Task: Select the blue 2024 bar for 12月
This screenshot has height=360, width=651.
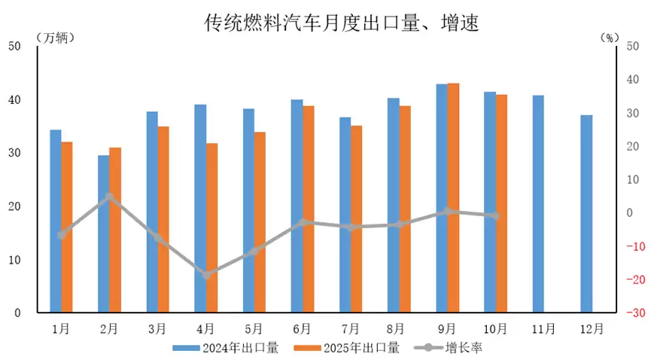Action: (586, 214)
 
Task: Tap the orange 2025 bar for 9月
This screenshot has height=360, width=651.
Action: (453, 197)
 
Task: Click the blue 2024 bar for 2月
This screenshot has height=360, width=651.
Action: (103, 233)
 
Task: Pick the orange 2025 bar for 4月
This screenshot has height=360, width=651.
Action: (211, 227)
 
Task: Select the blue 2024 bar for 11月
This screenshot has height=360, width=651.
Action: (538, 203)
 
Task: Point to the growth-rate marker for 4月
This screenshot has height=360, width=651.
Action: (206, 275)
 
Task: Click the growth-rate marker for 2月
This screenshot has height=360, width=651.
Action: (109, 197)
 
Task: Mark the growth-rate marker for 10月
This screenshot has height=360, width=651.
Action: (495, 216)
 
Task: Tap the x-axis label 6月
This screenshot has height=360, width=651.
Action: (303, 328)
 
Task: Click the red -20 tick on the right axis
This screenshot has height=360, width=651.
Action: (632, 279)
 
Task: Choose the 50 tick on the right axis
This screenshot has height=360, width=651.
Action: (632, 47)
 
